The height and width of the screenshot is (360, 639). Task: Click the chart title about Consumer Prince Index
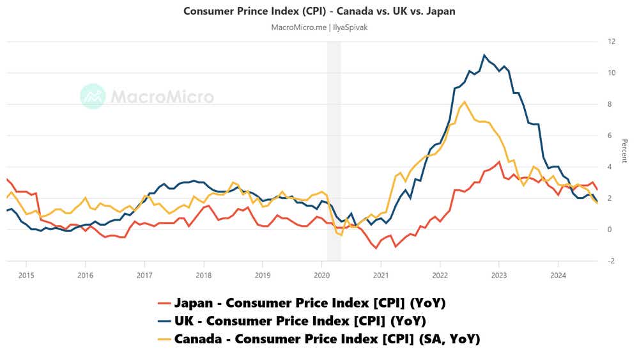319,11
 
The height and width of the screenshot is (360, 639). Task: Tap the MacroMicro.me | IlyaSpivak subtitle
319,27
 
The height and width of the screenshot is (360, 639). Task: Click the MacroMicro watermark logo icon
93,96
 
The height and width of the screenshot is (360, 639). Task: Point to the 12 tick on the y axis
612,42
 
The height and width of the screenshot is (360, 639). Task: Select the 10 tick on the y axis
612,73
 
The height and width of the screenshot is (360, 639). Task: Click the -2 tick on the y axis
612,261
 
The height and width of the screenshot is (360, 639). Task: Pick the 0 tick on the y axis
612,230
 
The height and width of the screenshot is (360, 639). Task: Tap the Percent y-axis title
624,151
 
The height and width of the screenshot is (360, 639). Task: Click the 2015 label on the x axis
26,275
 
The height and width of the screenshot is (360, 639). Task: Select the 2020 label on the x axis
322,275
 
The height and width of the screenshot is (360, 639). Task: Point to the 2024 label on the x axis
558,275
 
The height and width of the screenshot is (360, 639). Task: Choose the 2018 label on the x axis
204,275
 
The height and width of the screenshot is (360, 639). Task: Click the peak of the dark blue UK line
484,55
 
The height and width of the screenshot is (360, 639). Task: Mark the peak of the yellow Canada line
465,102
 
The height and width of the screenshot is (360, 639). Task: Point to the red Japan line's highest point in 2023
499,161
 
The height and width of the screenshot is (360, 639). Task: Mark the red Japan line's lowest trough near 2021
376,247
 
